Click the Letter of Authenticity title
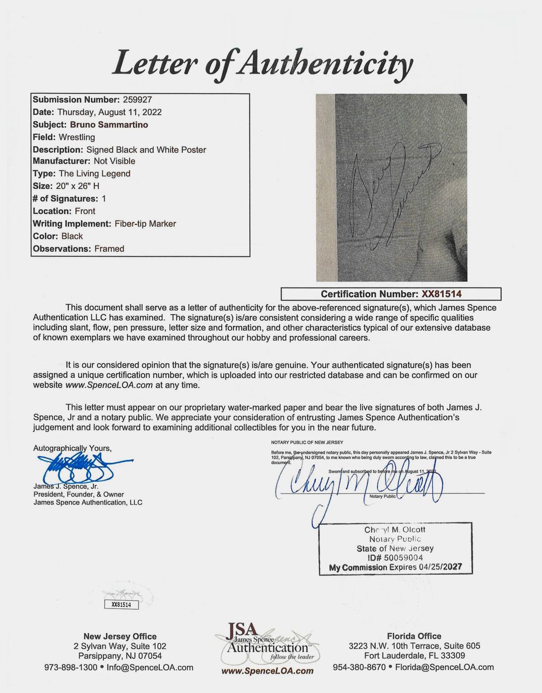(x=261, y=65)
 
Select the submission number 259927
(x=137, y=100)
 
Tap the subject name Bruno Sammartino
(x=109, y=125)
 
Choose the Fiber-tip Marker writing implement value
(x=145, y=224)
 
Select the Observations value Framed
(x=109, y=249)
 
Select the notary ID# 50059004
(x=396, y=558)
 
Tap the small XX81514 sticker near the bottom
(x=121, y=604)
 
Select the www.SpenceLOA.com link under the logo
(x=268, y=671)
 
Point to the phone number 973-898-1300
(x=71, y=668)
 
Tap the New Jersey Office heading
(x=120, y=637)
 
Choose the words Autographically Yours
(x=72, y=448)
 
